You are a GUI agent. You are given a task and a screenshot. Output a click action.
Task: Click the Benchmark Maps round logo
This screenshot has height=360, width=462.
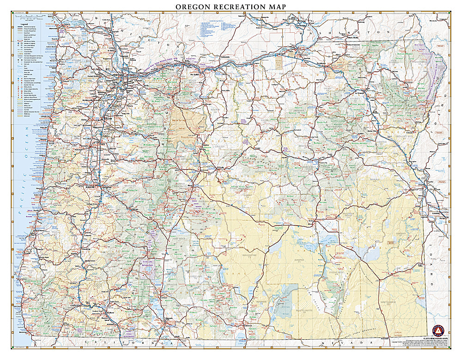(438, 331)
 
